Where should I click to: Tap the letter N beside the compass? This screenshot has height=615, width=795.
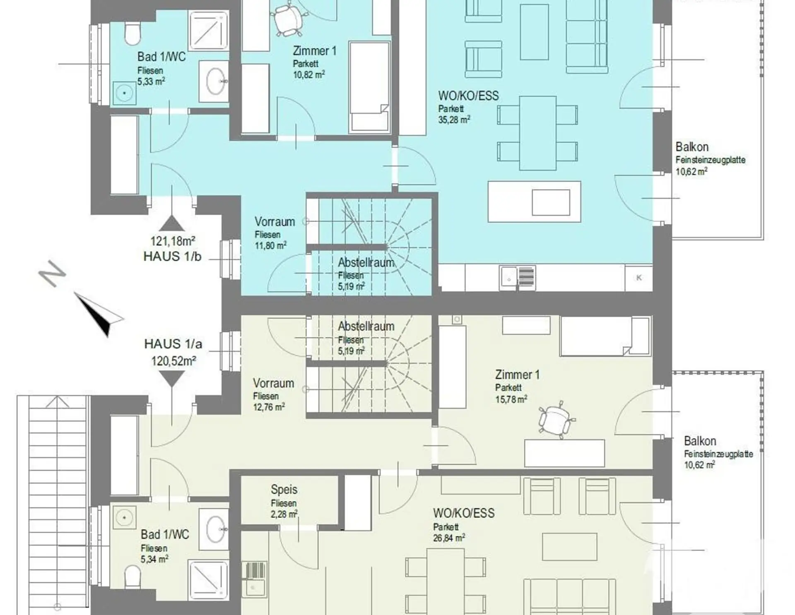pos(52,273)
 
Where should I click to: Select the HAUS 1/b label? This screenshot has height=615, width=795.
pos(172,257)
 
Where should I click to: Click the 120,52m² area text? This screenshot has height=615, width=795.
pos(173,361)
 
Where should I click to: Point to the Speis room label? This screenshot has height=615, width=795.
pos(284,490)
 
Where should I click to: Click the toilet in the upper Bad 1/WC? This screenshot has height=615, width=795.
pos(132,34)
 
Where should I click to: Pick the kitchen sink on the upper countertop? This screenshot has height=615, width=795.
pos(518,277)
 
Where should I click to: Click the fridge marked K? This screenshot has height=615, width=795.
pos(639,278)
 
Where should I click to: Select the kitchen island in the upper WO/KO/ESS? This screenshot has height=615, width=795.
pos(534,202)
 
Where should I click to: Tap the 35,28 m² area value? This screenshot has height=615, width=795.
pos(454,120)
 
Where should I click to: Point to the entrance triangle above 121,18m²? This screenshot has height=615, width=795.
pos(172,223)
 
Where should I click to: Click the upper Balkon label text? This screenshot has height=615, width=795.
pos(692,147)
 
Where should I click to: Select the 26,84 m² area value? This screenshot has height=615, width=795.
pos(449,538)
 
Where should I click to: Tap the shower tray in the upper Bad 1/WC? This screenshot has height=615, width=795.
pos(209,29)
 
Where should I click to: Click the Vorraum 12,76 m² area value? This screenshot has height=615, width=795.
pos(269,407)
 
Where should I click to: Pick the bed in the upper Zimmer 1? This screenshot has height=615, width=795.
pos(370,87)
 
